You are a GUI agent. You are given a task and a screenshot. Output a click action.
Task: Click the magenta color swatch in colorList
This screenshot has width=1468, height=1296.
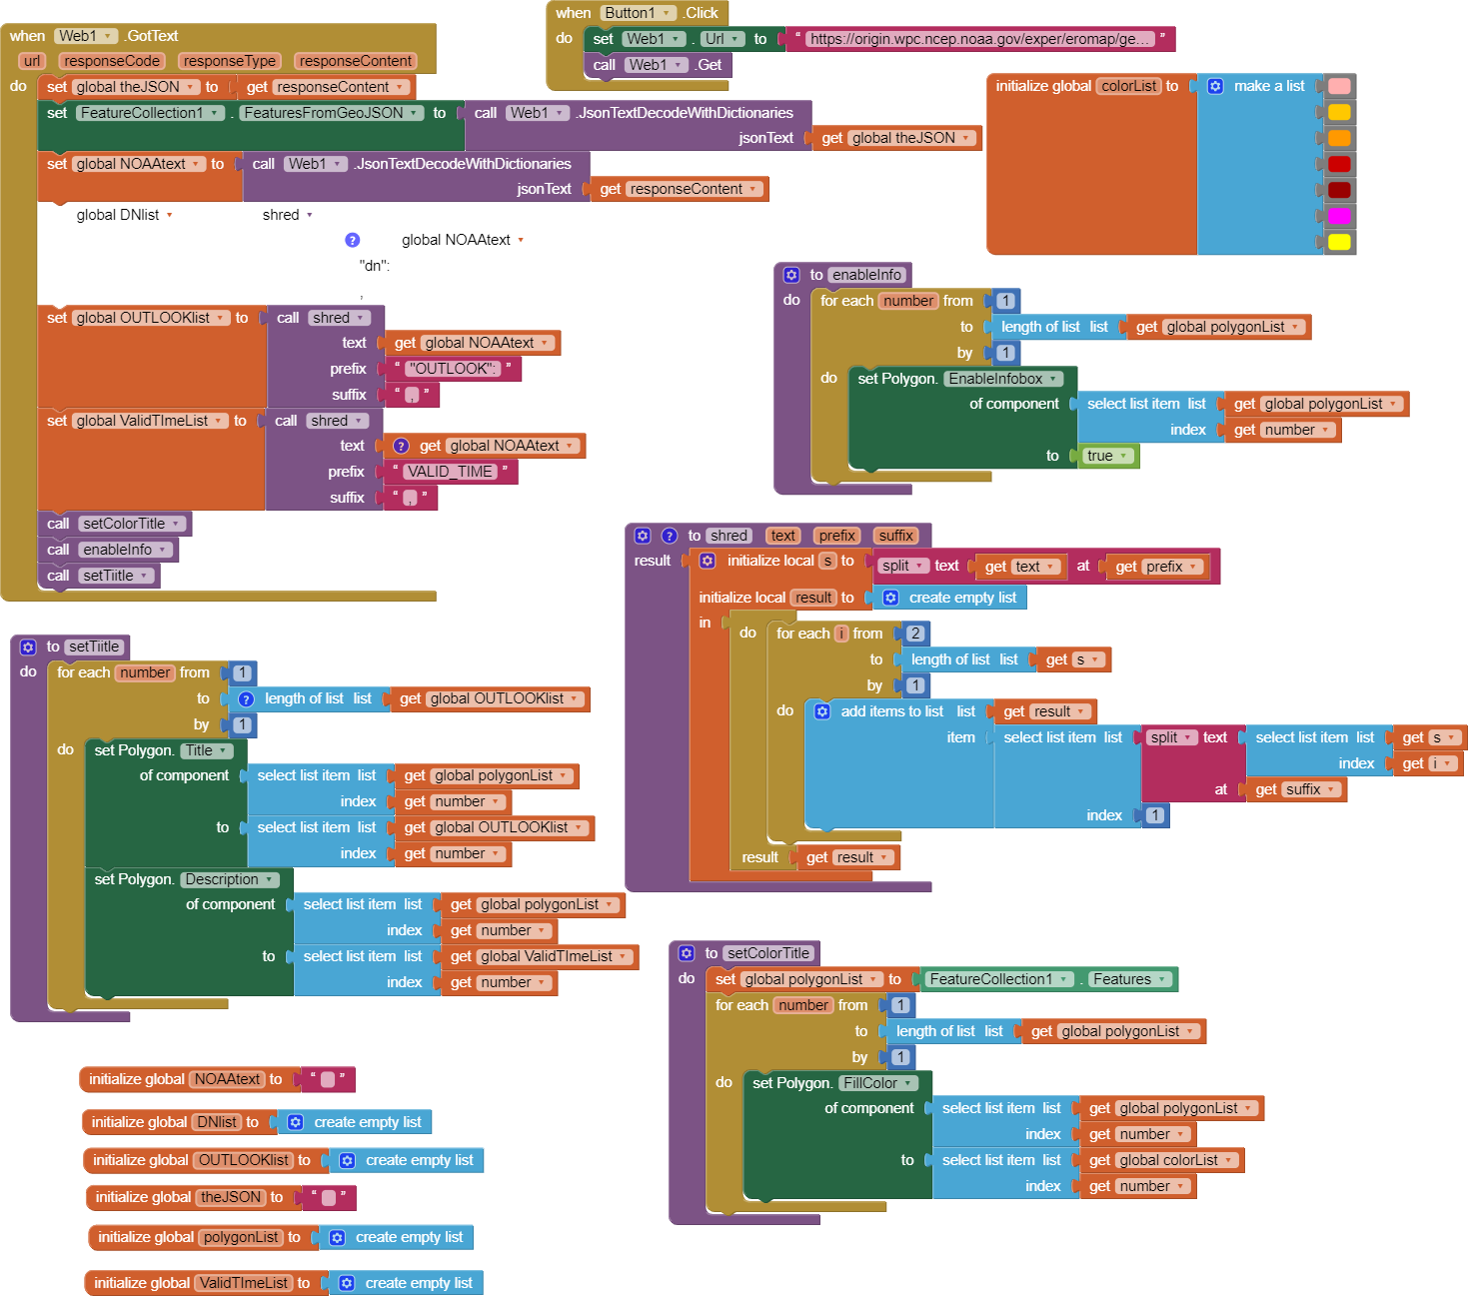[x=1339, y=215]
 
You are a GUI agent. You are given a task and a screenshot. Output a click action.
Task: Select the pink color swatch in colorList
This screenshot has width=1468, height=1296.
[x=1339, y=86]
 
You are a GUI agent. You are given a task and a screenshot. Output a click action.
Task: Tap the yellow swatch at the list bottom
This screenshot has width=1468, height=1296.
[x=1339, y=241]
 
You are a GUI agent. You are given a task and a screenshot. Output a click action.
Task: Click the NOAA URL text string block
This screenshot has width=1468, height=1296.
[x=979, y=39]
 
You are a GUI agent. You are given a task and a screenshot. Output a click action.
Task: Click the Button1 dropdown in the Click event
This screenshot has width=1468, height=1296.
[x=638, y=13]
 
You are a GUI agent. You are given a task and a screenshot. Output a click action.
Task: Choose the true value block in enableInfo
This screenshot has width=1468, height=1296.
[x=1106, y=456]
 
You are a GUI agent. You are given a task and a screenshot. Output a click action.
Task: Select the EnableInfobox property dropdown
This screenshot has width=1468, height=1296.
[x=1003, y=379]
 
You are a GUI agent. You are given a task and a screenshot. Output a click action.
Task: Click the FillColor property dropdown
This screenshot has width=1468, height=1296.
[x=878, y=1083]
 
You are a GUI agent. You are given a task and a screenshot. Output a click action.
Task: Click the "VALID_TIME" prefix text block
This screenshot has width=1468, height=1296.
[x=450, y=472]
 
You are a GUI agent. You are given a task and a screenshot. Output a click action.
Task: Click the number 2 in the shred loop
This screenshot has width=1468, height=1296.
[x=915, y=634]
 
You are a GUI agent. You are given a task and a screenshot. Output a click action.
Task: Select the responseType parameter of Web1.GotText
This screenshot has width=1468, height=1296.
[x=230, y=61]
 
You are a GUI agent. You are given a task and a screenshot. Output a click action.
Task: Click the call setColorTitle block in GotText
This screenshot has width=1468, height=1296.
[x=114, y=524]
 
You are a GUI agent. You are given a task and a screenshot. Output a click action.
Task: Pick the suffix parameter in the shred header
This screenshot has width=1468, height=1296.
[x=896, y=536]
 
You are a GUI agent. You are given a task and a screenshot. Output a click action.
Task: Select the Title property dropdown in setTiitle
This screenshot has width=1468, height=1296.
[x=206, y=750]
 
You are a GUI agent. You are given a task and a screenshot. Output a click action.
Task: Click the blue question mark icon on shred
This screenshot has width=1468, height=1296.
[x=670, y=536]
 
